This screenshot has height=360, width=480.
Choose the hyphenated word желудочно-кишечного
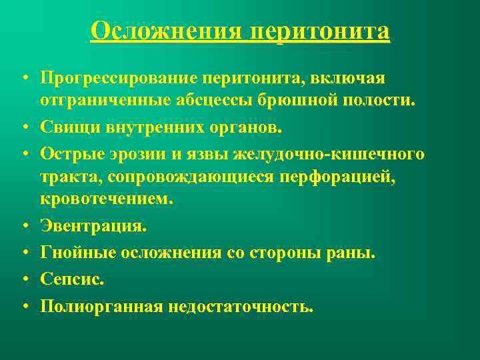[329, 155]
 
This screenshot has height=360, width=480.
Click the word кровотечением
[105, 199]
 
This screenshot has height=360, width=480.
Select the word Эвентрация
[92, 226]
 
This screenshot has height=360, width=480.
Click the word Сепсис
[72, 280]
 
